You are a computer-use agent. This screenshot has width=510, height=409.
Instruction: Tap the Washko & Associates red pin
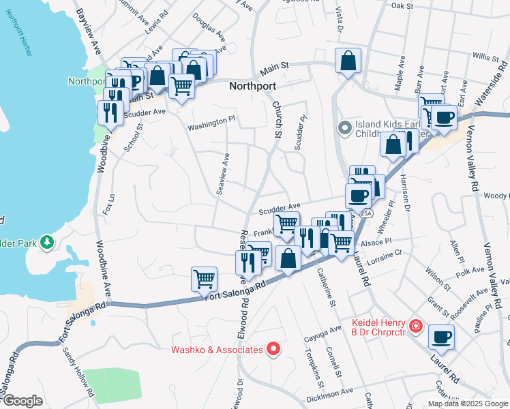273,350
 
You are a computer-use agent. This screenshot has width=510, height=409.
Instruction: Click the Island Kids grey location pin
345,127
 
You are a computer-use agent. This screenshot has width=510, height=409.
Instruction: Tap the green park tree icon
46,241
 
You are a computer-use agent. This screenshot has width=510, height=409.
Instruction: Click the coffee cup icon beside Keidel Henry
441,337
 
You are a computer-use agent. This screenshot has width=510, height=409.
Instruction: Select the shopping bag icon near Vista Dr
348,61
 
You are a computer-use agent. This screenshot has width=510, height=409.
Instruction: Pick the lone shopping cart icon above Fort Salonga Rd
204,278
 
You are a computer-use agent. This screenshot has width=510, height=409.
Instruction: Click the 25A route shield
365,213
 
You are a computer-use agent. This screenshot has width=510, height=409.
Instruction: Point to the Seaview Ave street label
223,175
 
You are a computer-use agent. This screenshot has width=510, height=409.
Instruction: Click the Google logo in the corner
22,401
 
